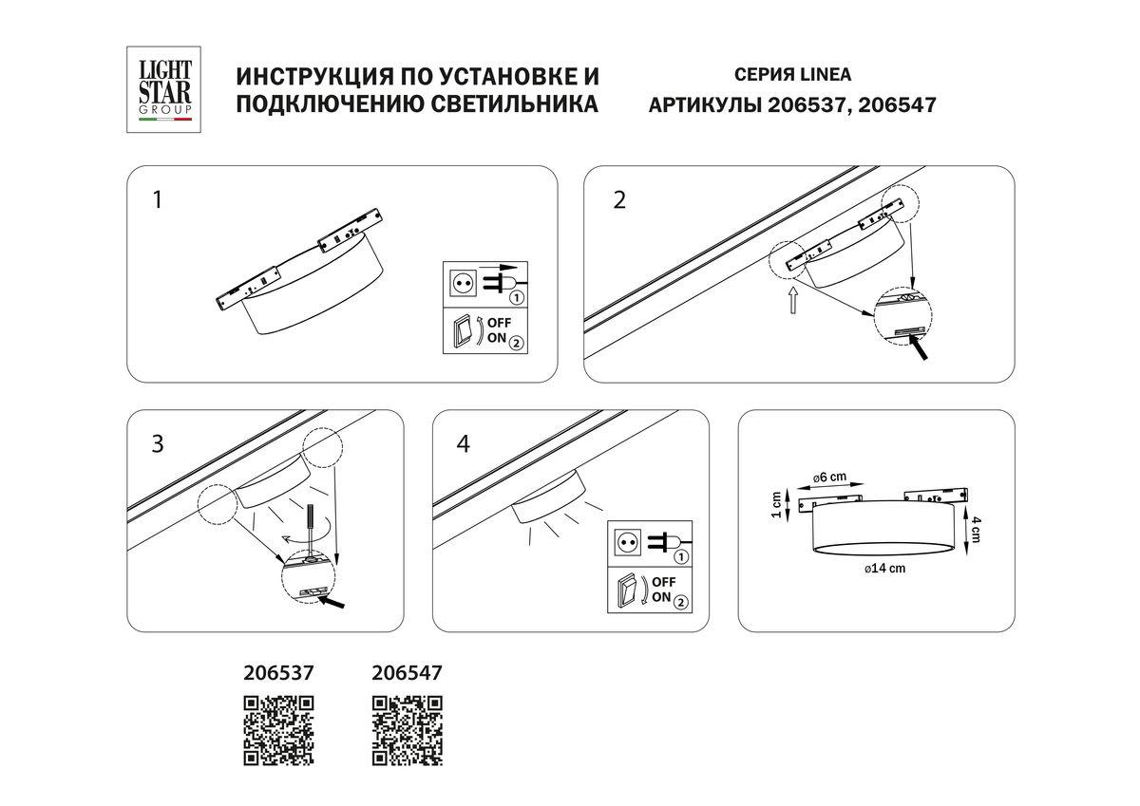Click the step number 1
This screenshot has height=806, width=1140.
click(x=158, y=201)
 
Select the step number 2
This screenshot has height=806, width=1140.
click(x=619, y=201)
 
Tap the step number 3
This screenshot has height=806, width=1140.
click(x=158, y=443)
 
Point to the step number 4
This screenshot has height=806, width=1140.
click(x=463, y=443)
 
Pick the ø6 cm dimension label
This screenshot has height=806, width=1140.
click(x=829, y=477)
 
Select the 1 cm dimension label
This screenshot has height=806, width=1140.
click(x=776, y=504)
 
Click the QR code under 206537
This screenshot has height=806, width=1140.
click(x=279, y=730)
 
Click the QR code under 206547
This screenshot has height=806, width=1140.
click(x=407, y=730)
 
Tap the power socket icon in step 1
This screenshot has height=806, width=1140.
click(x=464, y=283)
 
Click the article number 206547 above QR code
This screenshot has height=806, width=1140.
click(x=407, y=672)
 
